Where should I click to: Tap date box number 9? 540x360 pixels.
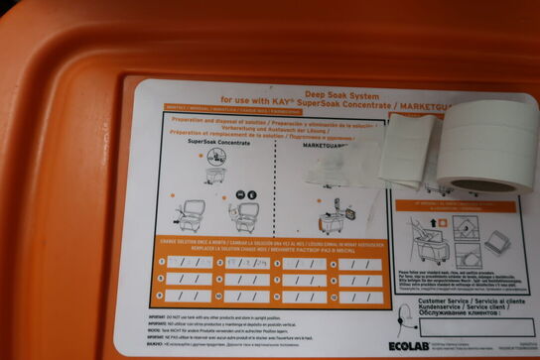[190, 295]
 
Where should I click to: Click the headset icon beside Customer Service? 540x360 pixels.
[406, 315]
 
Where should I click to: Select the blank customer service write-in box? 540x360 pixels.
[475, 326]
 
